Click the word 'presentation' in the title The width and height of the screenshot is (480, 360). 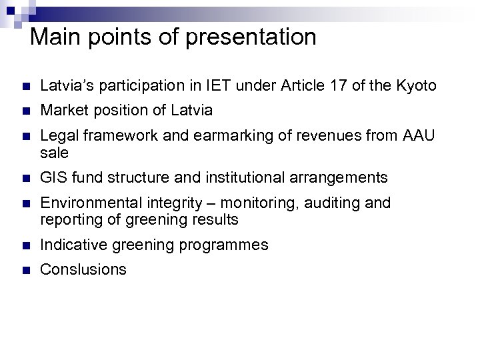[252, 37]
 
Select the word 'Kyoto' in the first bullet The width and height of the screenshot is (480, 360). [417, 85]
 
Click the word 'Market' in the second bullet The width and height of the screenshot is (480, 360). [64, 110]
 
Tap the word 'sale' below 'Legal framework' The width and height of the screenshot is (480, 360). [54, 153]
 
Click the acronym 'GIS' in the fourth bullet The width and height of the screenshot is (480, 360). [53, 177]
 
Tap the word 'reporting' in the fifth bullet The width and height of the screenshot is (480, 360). [69, 219]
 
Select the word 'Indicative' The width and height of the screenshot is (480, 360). [72, 245]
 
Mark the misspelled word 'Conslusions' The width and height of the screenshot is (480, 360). [83, 269]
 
